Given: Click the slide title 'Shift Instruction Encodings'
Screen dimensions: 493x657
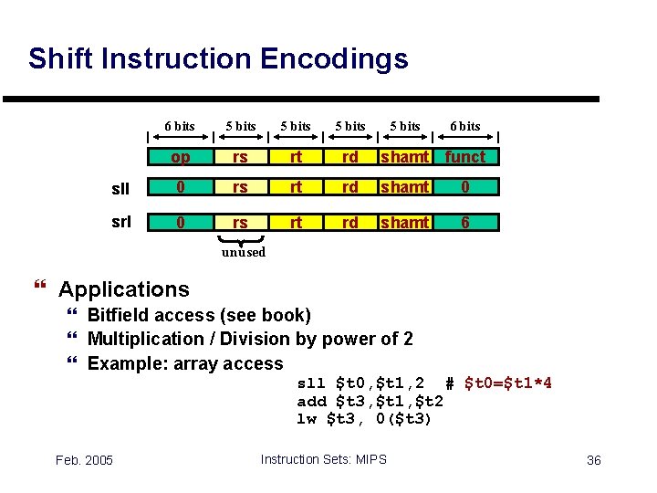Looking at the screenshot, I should point(218,59).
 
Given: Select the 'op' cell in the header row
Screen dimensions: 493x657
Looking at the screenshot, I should point(181,157).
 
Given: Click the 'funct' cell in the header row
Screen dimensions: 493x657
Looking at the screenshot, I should point(464,157).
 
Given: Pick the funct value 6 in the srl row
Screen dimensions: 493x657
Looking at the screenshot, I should point(464,222).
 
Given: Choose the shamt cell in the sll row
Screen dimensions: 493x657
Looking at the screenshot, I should point(405,187).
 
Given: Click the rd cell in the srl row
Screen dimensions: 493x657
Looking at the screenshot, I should point(349,222).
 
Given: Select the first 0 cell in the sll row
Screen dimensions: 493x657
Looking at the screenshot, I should point(181,187).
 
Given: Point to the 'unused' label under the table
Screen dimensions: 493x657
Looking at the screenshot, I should point(243,252).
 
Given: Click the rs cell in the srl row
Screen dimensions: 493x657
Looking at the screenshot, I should point(239,222).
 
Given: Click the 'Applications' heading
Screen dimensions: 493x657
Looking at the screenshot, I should point(123,290).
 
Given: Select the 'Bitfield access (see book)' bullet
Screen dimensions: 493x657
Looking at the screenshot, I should point(198,316).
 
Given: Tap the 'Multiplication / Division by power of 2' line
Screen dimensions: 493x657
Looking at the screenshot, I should point(249,340).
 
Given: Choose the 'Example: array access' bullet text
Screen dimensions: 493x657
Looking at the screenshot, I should point(185,364).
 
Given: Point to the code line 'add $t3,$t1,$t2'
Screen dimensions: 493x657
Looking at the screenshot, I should point(370,401).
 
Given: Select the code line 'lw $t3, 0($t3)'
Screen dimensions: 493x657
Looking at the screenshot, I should point(364,419).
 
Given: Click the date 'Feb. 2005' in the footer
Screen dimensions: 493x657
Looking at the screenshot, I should point(83,459).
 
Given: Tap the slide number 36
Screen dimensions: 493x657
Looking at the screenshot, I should point(593,459).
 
